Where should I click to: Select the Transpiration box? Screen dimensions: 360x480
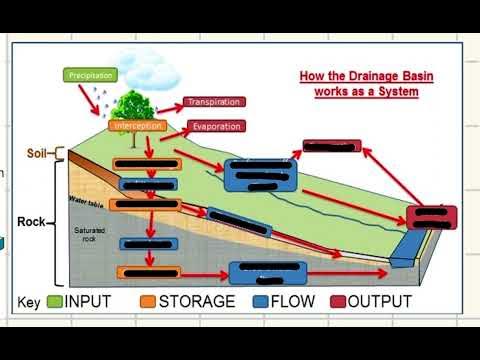[x=214, y=102]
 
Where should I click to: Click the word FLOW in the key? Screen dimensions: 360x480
[x=288, y=301]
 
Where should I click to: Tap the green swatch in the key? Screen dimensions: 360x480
[x=53, y=301]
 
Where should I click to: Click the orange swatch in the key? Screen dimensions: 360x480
[x=147, y=301]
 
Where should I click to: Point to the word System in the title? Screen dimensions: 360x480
[x=396, y=92]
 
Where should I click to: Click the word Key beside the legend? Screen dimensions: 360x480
[x=27, y=301]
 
